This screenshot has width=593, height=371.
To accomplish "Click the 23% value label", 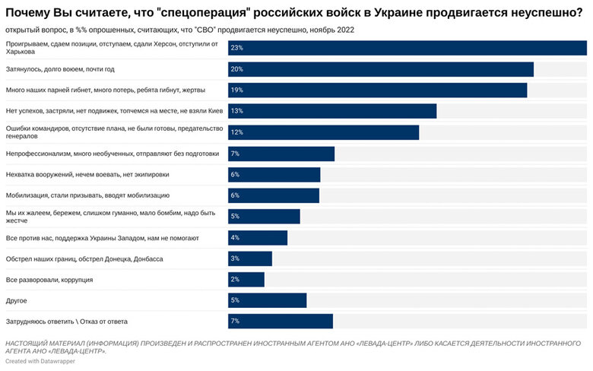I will (236, 48).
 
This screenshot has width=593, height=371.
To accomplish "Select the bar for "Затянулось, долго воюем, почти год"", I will (380, 69).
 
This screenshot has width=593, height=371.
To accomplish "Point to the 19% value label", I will (236, 90).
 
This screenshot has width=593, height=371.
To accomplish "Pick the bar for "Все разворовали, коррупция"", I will (246, 280).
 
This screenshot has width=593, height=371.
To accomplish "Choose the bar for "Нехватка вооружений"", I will (274, 174).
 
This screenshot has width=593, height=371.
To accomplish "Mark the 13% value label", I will (236, 111).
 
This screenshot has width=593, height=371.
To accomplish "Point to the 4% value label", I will (235, 238).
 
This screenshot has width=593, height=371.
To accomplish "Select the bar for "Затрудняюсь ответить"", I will (281, 322).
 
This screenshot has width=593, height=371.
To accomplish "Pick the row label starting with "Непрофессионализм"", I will (112, 154).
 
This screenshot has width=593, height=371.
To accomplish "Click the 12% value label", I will (236, 132).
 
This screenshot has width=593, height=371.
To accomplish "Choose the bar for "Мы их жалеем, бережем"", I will (264, 217).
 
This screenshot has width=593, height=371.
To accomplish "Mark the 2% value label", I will (235, 280).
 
